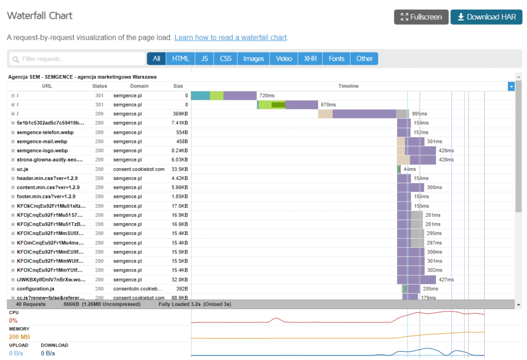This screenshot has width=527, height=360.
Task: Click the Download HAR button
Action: click(x=486, y=17)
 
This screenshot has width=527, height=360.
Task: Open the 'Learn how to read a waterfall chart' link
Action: click(x=231, y=38)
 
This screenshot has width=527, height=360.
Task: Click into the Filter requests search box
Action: click(x=77, y=59)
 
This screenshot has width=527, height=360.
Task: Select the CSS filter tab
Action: click(x=225, y=59)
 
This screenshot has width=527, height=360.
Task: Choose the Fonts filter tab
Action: click(x=336, y=59)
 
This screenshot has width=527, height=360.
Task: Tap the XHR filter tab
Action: click(x=310, y=59)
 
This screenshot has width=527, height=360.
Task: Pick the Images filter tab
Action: click(x=254, y=59)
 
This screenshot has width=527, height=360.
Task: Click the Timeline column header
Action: click(x=348, y=86)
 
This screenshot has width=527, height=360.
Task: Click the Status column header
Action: click(x=99, y=86)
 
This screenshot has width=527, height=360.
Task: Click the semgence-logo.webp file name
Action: click(x=42, y=151)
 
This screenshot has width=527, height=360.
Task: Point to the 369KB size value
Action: click(x=180, y=114)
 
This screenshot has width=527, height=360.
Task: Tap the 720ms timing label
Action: click(x=267, y=96)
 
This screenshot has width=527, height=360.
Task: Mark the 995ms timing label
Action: click(x=419, y=114)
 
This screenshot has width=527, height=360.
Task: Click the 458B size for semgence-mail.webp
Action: click(x=182, y=141)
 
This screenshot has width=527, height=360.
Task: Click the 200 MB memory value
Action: click(x=19, y=337)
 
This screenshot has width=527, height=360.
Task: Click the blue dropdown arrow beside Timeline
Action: click(x=511, y=86)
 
